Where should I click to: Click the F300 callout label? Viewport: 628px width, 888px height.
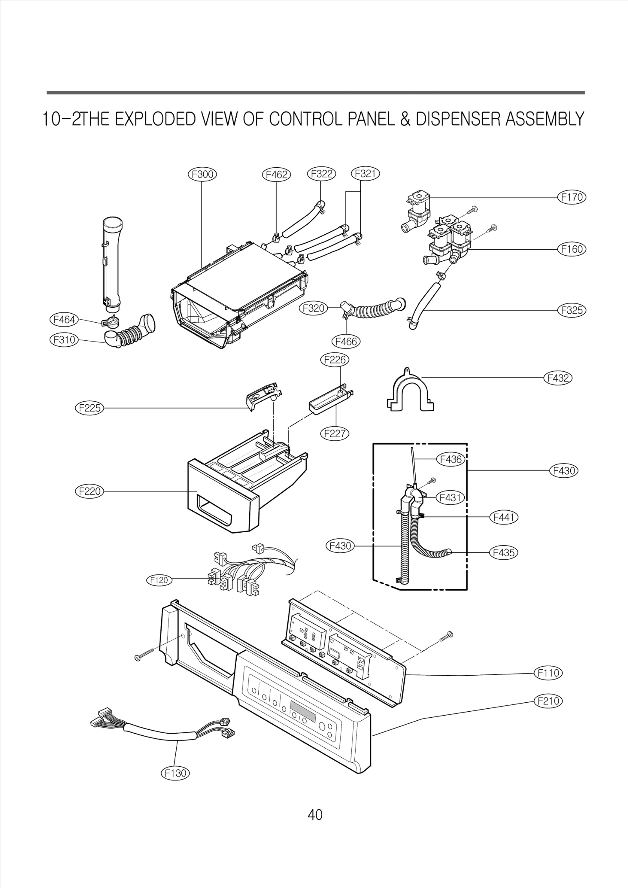(x=202, y=174)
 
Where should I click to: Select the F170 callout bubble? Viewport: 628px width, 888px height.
(x=571, y=197)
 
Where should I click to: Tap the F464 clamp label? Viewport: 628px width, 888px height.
(x=64, y=320)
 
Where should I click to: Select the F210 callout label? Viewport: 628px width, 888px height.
(x=548, y=701)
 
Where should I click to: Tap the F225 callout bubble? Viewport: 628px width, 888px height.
(x=89, y=408)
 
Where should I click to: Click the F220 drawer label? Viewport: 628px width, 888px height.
(x=89, y=491)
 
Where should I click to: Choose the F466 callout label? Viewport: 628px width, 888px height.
(x=346, y=342)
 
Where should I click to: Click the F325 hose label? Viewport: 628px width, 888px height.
(x=571, y=311)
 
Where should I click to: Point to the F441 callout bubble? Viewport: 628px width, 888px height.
(x=504, y=518)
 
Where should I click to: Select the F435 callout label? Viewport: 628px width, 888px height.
(x=504, y=553)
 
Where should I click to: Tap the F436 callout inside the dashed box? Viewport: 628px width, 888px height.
(x=451, y=459)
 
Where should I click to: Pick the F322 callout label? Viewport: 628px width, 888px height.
(x=321, y=174)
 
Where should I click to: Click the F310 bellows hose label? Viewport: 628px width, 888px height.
(x=64, y=340)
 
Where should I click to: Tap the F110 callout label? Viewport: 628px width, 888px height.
(x=548, y=673)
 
